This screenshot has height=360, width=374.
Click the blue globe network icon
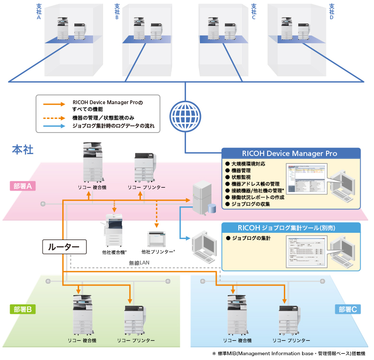(x=185, y=115)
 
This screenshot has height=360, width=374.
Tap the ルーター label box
(x=64, y=247)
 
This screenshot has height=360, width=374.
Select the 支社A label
(x=39, y=12)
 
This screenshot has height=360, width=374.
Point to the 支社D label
(x=331, y=12)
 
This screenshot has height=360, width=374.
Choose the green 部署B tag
(x=23, y=310)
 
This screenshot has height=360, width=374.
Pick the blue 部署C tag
(x=347, y=310)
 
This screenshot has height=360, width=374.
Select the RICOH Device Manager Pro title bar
(x=289, y=154)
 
